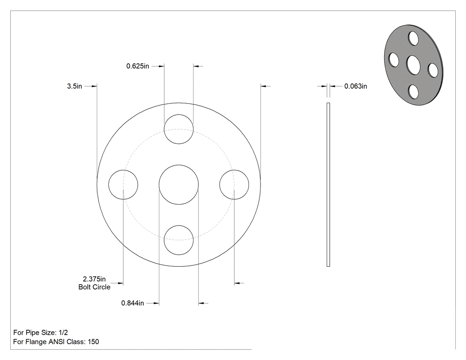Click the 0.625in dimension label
point(138,66)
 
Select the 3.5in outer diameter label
point(74,86)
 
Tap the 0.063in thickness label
point(355,86)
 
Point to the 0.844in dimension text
point(133,303)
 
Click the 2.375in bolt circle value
point(94,279)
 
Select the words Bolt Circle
point(94,287)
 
